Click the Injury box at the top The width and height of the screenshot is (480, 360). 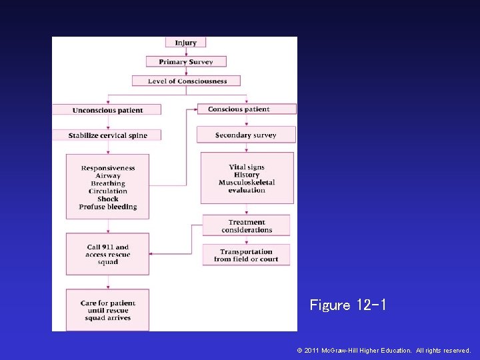click(x=185, y=43)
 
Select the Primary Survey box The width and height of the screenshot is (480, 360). click(x=186, y=62)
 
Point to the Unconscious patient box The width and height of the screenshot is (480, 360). click(x=107, y=110)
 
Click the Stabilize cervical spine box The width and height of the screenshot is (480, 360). click(x=107, y=135)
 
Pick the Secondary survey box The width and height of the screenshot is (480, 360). click(x=245, y=135)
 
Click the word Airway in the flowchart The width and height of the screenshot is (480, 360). click(x=108, y=176)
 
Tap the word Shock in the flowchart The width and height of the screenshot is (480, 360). click(x=108, y=199)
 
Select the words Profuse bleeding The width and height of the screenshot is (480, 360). click(x=108, y=207)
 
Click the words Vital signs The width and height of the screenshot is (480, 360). click(x=247, y=167)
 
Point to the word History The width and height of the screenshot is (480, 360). click(x=247, y=175)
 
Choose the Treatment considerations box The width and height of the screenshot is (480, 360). click(x=246, y=226)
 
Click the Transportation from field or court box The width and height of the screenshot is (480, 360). click(x=246, y=255)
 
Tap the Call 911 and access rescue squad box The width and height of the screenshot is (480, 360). click(x=108, y=254)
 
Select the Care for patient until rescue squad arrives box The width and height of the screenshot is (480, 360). click(x=108, y=311)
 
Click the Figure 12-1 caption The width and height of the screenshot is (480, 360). click(x=347, y=305)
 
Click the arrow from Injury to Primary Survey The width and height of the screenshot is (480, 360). click(x=186, y=52)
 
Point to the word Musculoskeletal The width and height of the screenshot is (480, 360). click(x=247, y=183)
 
